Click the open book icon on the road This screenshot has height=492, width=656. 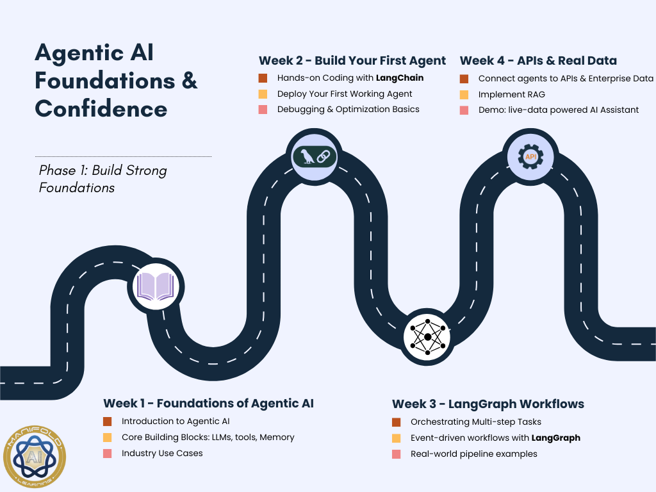157,286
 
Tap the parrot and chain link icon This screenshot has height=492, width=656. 314,156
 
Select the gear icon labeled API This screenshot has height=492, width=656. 530,156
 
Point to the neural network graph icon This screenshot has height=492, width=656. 427,337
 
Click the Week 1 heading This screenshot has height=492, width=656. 208,404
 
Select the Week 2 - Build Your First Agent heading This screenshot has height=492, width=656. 352,61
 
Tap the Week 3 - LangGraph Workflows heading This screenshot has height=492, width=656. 488,404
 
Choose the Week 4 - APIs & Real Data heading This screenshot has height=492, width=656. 538,61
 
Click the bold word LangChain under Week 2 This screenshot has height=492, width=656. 400,78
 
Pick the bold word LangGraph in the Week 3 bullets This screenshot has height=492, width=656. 555,438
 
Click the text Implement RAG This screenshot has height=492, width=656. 511,95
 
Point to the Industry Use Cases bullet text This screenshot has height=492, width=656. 162,453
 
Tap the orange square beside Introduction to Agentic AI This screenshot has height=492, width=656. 108,422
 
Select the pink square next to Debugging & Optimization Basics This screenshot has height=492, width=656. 263,110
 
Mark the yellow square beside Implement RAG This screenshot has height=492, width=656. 464,95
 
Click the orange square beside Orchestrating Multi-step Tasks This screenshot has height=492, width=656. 397,422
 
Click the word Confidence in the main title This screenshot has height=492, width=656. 101,108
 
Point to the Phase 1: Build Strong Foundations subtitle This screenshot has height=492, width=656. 102,179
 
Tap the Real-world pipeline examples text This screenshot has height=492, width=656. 473,454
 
